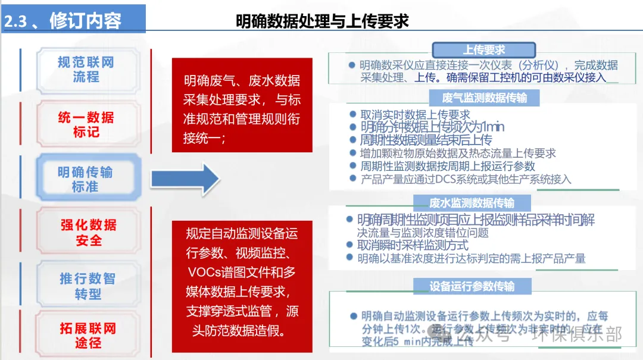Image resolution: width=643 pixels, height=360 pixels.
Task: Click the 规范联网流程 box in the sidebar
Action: click(x=86, y=70)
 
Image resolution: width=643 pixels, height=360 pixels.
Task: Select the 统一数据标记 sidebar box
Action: click(x=86, y=124)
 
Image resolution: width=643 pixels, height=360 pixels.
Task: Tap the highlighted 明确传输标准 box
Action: click(x=86, y=179)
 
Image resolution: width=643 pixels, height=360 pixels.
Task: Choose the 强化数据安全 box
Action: click(x=89, y=233)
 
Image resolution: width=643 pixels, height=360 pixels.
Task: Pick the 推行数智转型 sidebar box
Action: click(x=88, y=286)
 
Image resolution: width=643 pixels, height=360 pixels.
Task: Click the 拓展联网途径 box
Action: click(x=88, y=336)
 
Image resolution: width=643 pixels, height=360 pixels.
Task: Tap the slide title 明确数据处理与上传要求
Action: click(x=322, y=21)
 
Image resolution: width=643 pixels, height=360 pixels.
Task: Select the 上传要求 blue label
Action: click(x=484, y=50)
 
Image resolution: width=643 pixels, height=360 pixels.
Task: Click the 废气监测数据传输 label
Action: click(x=484, y=98)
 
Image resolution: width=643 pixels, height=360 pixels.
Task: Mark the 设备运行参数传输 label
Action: click(x=472, y=286)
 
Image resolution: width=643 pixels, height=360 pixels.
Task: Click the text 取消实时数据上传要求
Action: click(x=415, y=115)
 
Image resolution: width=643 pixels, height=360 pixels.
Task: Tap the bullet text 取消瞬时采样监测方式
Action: click(x=413, y=245)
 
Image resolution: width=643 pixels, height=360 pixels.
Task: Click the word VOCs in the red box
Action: click(x=205, y=273)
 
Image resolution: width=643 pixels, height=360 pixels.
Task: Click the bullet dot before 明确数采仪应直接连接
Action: click(x=352, y=65)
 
